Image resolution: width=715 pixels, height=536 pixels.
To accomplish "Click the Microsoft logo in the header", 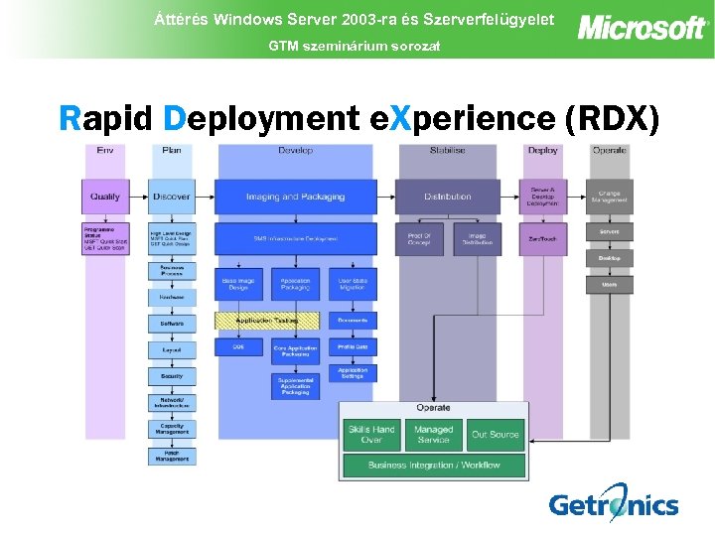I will [642, 27].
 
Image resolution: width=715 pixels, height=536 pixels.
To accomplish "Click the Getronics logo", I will [613, 503].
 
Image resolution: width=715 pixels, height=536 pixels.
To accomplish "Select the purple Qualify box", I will [105, 197].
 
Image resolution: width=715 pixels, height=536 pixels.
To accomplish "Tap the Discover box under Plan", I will [172, 197].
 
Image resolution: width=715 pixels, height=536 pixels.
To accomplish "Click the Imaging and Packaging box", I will [295, 197].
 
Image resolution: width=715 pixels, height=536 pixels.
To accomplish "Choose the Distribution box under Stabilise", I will [447, 197].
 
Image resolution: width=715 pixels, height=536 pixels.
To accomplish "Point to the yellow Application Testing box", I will [267, 321].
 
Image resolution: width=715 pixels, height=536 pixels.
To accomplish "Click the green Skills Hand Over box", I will [371, 434].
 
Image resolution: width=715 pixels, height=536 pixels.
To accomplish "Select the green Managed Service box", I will [434, 434].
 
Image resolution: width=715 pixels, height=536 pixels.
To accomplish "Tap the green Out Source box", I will [496, 434].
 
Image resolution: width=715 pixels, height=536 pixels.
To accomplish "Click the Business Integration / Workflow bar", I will [434, 465].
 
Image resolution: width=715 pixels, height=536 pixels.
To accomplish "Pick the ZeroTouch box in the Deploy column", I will [542, 239].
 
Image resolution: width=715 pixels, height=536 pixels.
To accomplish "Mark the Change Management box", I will [609, 197].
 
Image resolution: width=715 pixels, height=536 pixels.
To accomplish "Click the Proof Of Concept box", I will [419, 239].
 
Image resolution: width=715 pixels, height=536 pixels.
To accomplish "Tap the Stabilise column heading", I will [447, 150].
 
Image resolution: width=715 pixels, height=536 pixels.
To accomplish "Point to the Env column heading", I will [104, 150].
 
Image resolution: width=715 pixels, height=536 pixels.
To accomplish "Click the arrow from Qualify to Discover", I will [139, 197].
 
